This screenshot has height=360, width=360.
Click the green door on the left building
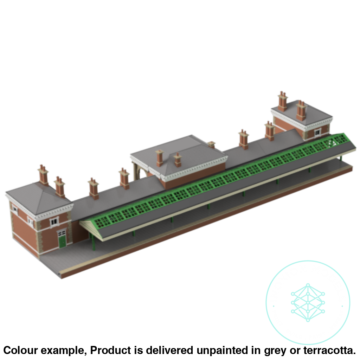tap(62, 242)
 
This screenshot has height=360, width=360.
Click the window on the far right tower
tap(317, 133)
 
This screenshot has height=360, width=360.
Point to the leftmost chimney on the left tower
tap(43, 174)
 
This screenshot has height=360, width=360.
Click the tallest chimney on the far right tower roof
tap(282, 100)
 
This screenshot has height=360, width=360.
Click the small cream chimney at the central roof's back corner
tap(211, 144)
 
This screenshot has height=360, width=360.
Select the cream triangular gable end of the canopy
tap(92, 228)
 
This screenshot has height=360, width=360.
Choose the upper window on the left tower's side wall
tap(15, 210)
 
